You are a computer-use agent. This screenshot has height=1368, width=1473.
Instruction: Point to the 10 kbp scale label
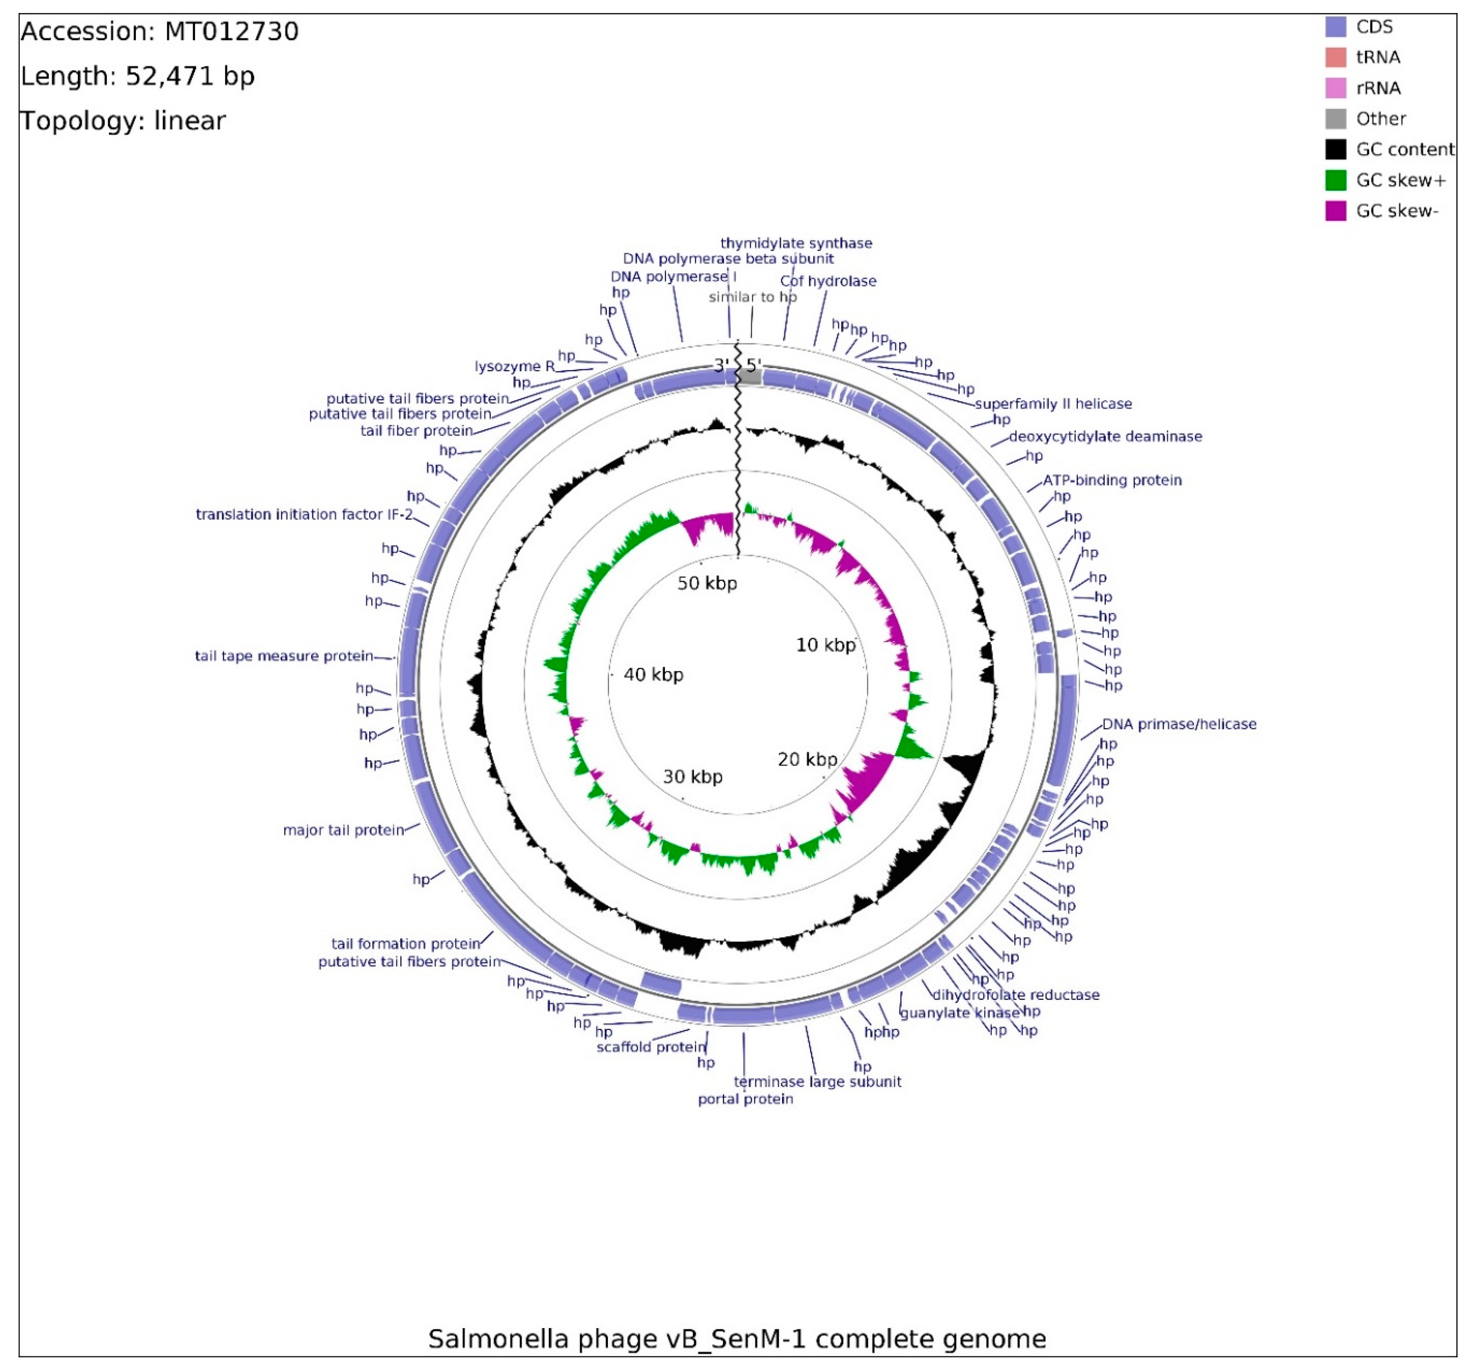[825, 645]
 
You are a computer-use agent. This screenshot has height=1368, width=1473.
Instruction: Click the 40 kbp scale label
[653, 675]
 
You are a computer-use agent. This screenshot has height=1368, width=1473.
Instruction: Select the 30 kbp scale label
[692, 776]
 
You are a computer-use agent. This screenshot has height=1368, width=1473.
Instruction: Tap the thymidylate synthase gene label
[796, 243]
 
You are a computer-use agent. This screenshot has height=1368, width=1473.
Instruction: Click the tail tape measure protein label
[283, 656]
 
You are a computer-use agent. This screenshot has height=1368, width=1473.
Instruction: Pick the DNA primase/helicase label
[1178, 724]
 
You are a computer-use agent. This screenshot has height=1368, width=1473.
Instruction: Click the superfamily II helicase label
[1053, 404]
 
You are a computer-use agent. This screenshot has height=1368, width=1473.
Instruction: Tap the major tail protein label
[343, 830]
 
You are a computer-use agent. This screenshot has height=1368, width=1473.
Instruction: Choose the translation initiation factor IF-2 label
[304, 514]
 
